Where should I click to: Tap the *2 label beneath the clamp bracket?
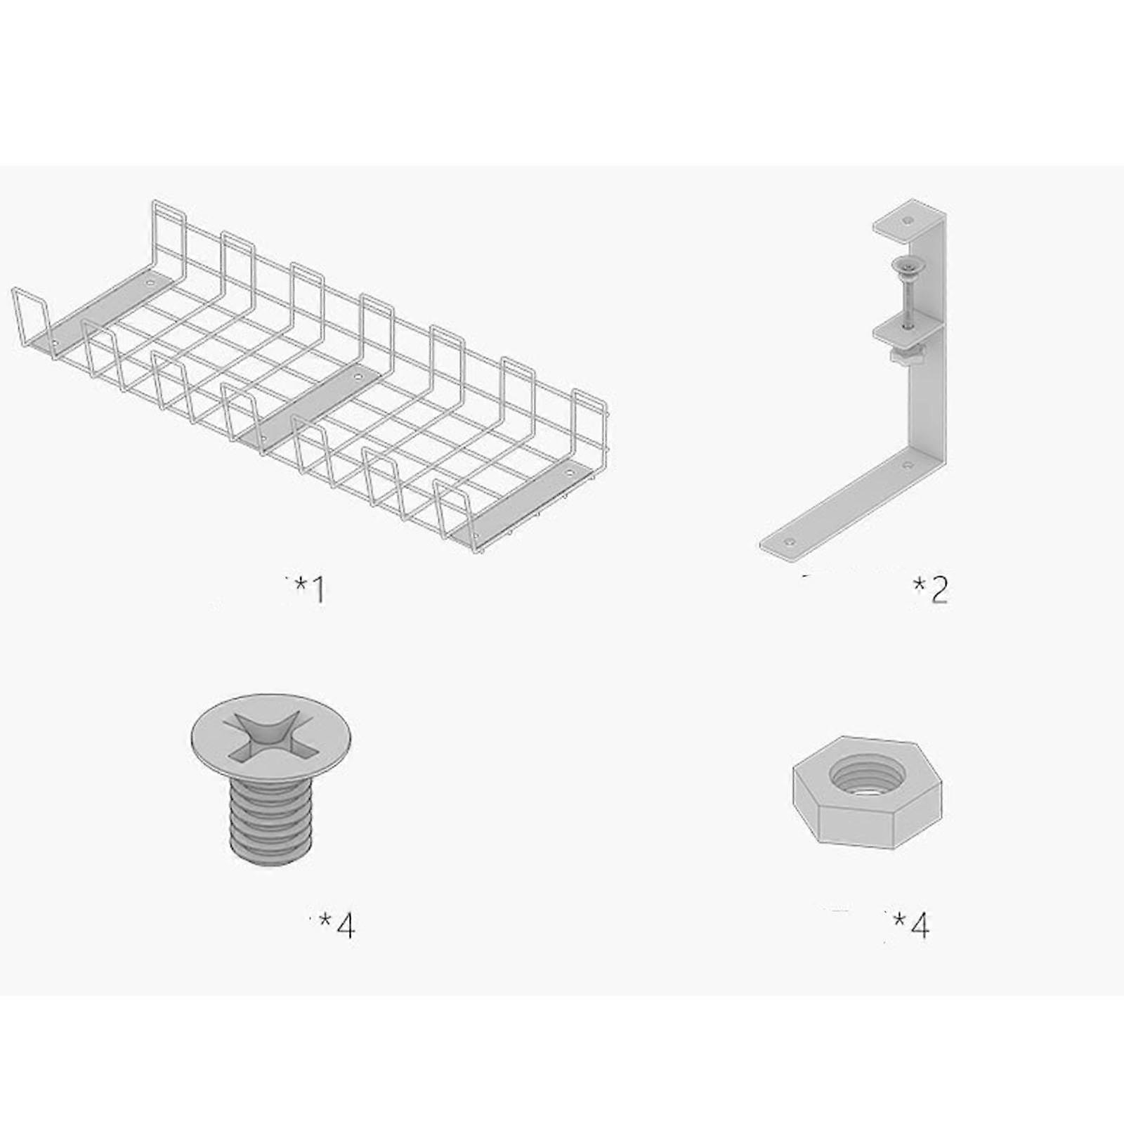point(932,590)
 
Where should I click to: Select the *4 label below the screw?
point(338,925)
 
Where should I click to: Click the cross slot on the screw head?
point(270,735)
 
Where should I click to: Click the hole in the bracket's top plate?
point(910,220)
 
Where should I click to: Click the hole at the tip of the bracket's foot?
point(792,542)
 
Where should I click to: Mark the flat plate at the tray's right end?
point(527,502)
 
